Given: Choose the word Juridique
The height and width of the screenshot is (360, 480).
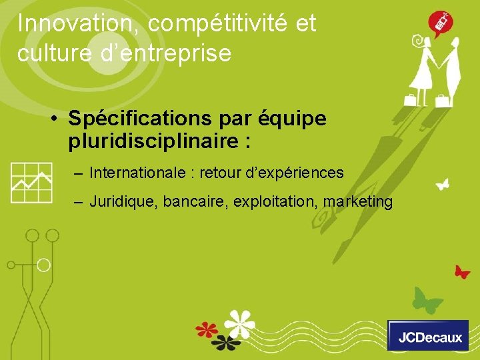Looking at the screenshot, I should (x=119, y=201).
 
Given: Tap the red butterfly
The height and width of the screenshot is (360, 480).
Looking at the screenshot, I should (x=461, y=271).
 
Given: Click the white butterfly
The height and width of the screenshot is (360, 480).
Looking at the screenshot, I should (x=441, y=183).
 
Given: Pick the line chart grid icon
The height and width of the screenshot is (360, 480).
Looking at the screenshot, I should (x=31, y=182).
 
